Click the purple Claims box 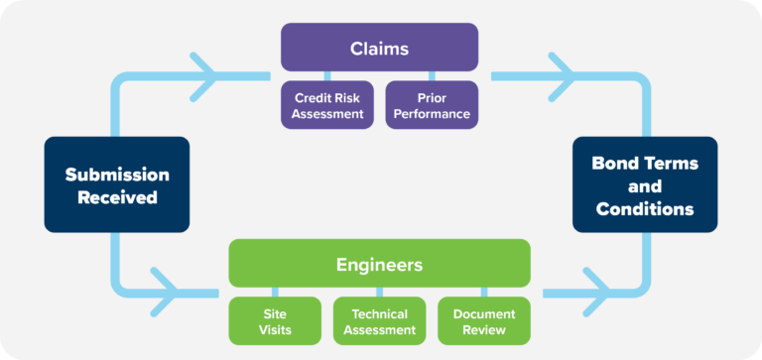[379, 47]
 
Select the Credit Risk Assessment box [327, 105]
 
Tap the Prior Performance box [431, 105]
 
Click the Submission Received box [117, 184]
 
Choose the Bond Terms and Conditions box [645, 184]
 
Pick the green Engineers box [379, 264]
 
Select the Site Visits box [275, 321]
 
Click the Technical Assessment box [379, 321]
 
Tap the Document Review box [483, 321]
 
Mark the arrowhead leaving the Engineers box [596, 293]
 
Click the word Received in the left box [117, 197]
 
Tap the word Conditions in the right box [645, 209]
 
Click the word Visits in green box [275, 330]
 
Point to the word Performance [431, 114]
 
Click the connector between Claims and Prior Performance [431, 75]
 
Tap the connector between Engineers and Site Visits [275, 292]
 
